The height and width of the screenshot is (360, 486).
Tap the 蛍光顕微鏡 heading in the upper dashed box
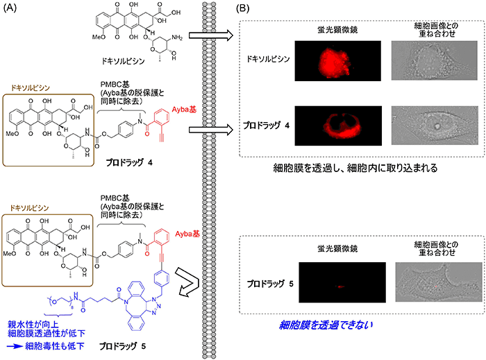337,29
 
